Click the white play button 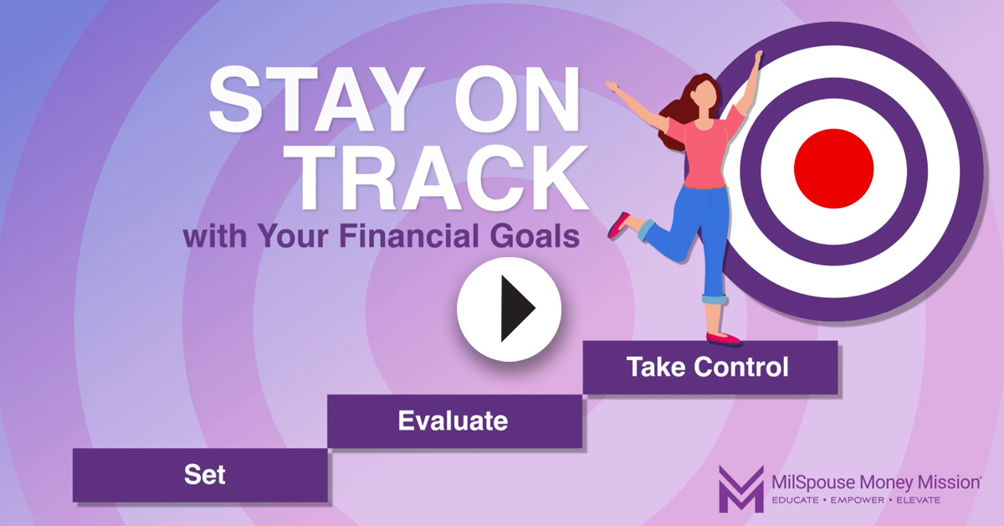click(509, 309)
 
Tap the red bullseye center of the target click(833, 168)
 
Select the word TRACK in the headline click(443, 178)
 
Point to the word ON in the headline click(517, 99)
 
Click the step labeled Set click(200, 475)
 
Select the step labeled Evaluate click(454, 421)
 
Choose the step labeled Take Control click(710, 367)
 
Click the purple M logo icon click(741, 489)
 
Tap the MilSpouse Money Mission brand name click(876, 482)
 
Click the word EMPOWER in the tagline click(858, 500)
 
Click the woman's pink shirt click(704, 151)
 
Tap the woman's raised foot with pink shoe click(618, 224)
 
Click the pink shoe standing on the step click(724, 338)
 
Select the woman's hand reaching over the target click(758, 58)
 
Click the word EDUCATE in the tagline click(795, 500)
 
